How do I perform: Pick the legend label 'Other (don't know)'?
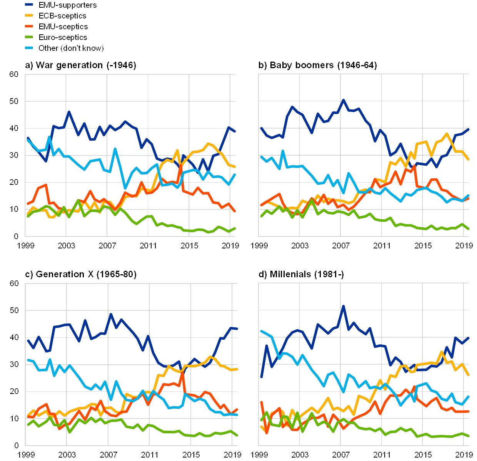point(71,48)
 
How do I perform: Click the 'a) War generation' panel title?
point(80,65)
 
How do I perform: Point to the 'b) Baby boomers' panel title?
point(318,65)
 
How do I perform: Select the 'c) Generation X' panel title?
point(80,274)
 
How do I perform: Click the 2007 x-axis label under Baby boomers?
point(341,245)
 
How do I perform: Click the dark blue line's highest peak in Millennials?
point(344,306)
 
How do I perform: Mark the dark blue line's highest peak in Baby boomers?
point(344,100)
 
